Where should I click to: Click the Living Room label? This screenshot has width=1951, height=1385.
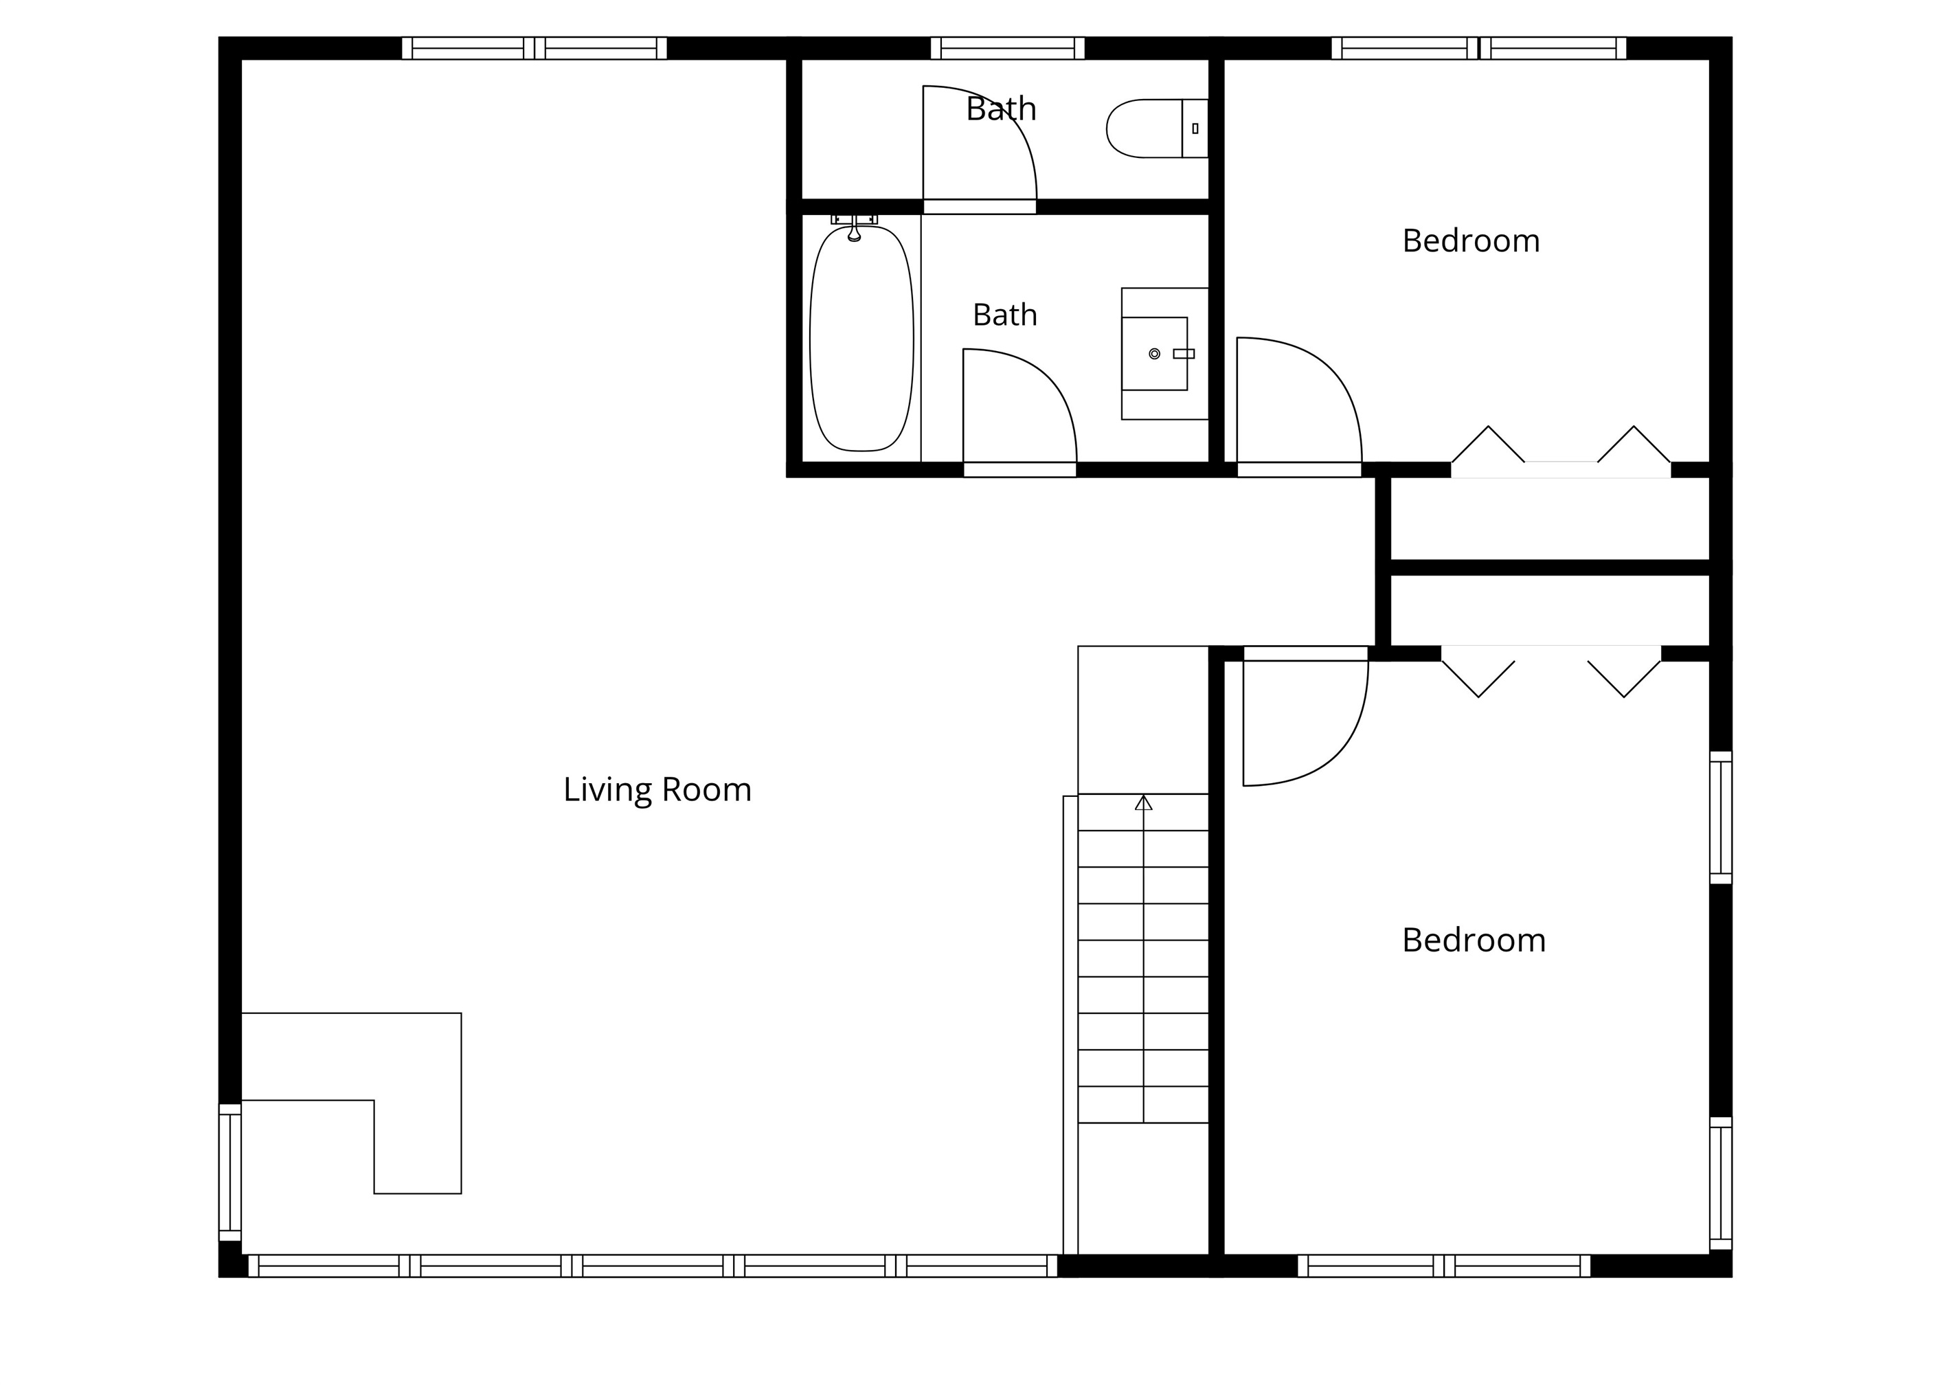click(657, 790)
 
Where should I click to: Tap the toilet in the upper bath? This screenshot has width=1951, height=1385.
click(1157, 128)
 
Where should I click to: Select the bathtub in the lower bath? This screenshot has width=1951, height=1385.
click(861, 339)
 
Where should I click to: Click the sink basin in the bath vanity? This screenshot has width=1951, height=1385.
click(1155, 354)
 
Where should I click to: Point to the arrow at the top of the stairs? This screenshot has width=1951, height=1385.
click(1144, 802)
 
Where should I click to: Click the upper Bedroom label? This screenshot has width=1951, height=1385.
click(1471, 241)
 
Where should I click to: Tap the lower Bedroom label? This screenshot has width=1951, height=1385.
click(1474, 941)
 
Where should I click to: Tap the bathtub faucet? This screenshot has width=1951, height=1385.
click(855, 227)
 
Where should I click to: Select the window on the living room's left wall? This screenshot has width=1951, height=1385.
click(230, 1173)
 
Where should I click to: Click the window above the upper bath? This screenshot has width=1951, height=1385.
click(1007, 48)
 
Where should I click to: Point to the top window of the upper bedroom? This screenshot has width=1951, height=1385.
click(1478, 48)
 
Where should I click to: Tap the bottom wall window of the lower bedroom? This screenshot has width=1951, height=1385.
click(1443, 1265)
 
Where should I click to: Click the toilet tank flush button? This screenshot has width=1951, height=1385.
click(1195, 128)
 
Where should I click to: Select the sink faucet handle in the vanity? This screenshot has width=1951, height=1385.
click(1184, 354)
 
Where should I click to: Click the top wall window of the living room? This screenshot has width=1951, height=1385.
click(534, 48)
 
